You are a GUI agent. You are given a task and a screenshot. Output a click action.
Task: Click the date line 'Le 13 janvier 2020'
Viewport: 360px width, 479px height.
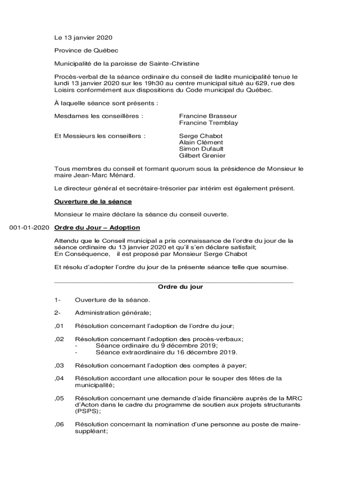click(x=83, y=37)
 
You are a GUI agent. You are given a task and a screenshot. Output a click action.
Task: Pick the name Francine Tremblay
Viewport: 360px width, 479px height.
click(x=209, y=123)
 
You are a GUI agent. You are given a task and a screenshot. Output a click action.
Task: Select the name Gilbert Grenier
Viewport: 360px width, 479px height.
click(x=202, y=156)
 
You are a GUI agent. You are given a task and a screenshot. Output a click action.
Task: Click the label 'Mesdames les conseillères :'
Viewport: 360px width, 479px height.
click(x=99, y=116)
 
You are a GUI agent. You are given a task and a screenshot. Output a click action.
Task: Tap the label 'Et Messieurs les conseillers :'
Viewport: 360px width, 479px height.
click(x=100, y=136)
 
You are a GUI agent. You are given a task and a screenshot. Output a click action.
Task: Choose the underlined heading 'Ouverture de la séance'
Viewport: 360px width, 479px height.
click(x=93, y=202)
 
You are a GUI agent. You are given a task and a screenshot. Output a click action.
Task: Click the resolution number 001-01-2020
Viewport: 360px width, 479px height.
click(x=29, y=228)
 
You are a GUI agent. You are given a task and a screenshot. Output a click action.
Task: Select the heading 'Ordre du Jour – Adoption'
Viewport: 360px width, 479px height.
click(x=97, y=228)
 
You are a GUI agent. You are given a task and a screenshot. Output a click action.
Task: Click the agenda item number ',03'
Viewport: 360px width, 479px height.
click(x=59, y=365)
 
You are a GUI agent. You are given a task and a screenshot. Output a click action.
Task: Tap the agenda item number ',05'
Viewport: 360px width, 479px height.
click(x=59, y=398)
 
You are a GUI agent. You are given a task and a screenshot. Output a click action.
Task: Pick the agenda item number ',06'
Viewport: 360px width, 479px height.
click(x=59, y=424)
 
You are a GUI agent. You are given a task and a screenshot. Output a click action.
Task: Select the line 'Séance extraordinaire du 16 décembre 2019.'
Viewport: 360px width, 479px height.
click(x=166, y=352)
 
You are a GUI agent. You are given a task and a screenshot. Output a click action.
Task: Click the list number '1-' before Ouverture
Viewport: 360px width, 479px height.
click(x=58, y=299)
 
